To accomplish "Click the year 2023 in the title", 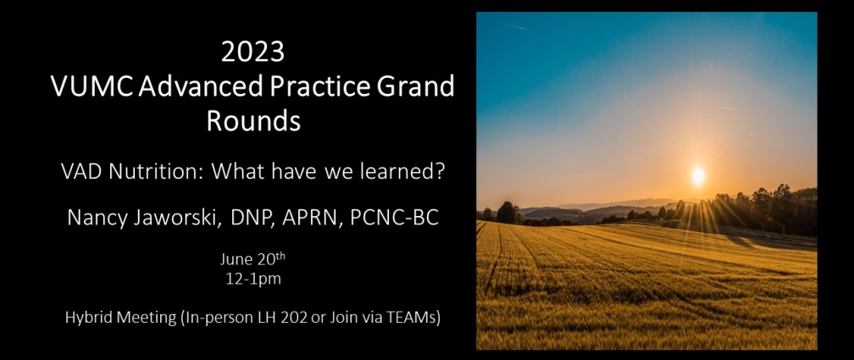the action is coord(252,52).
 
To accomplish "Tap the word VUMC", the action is coord(91,86).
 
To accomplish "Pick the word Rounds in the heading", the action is coord(253,121).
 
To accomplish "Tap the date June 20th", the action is coord(252,258).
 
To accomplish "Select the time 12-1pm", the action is coord(253,280).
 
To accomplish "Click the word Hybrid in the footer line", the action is coord(86,318).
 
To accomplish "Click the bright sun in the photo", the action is coord(698,175).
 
